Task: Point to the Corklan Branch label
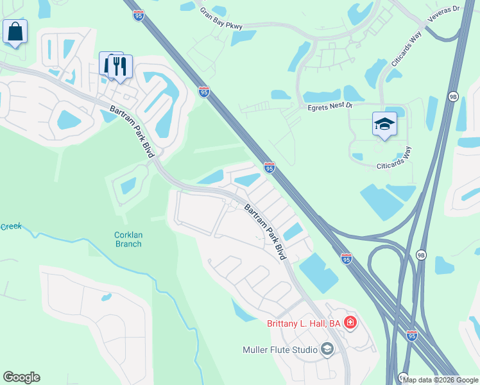point(128,239)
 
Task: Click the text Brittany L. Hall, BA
point(303,323)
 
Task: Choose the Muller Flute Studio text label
point(280,350)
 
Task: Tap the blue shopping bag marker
point(15,31)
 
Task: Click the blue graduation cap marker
point(384,124)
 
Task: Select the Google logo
point(21,377)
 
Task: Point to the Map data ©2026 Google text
point(440,380)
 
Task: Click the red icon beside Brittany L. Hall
point(350,323)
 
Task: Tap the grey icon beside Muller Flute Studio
point(327,350)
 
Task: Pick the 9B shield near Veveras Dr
point(454,96)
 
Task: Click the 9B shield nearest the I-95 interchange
point(421,255)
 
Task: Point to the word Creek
point(10,227)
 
